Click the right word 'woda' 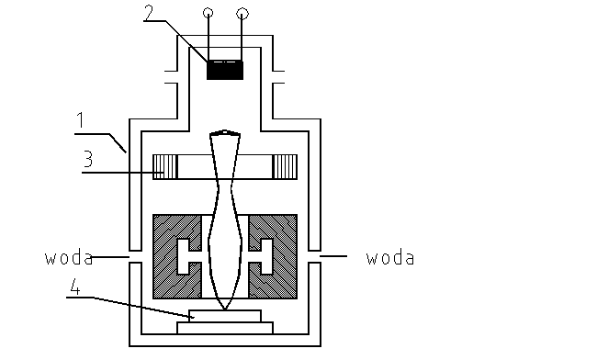(389, 258)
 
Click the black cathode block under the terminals (225, 70)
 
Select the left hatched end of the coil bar (165, 166)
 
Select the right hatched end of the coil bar (284, 166)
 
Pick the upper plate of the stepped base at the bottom (225, 315)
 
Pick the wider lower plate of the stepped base (225, 326)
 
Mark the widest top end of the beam (225, 135)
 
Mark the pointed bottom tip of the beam (225, 305)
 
